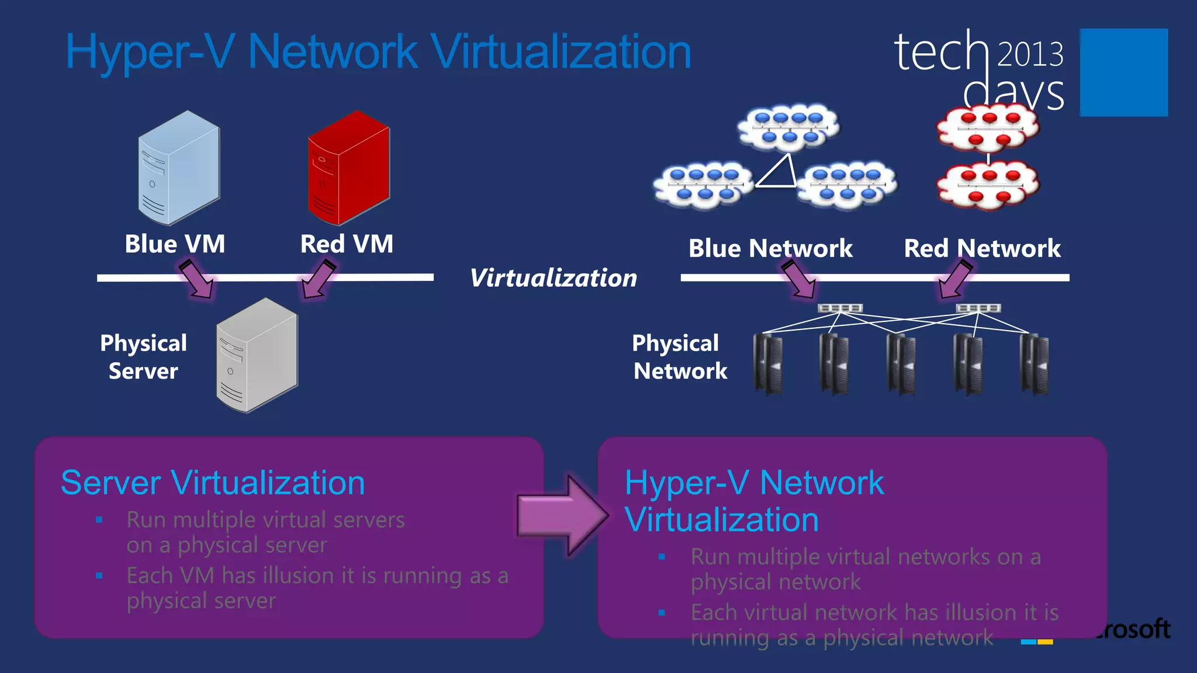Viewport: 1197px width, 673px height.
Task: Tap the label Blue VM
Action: (175, 244)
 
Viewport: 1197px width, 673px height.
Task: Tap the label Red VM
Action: (347, 244)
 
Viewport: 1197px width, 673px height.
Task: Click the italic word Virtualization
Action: (553, 278)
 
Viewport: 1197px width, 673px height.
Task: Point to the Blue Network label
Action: (770, 248)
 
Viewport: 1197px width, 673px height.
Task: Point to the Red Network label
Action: (982, 248)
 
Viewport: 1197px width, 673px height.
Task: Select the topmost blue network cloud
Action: (788, 127)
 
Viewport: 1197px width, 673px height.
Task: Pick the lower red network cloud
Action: (988, 186)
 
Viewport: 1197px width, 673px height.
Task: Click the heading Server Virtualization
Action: (213, 483)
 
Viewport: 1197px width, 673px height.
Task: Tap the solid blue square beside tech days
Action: (1123, 72)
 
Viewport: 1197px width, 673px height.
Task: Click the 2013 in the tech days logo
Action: (1030, 54)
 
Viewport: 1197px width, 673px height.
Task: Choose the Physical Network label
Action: (679, 357)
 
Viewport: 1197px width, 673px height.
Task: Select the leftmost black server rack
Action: (768, 363)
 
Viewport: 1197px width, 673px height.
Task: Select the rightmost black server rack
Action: (1034, 363)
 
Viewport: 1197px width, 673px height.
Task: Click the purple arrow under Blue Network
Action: (800, 279)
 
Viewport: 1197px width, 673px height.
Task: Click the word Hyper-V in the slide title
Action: (150, 52)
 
